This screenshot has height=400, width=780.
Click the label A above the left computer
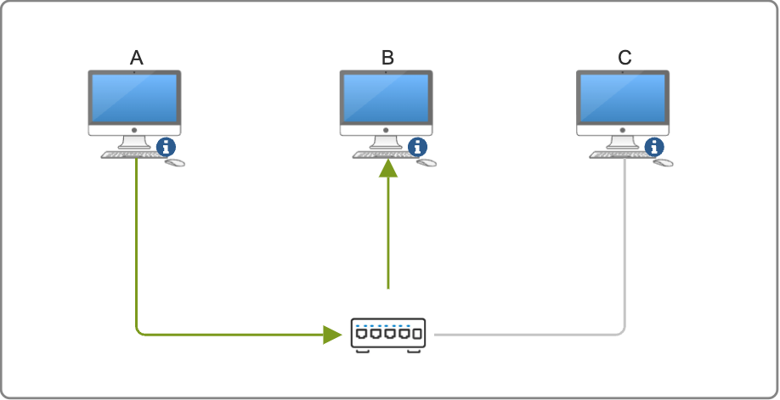coord(137,58)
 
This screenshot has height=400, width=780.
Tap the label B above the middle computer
coord(387,58)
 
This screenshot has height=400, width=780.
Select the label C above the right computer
coord(625,58)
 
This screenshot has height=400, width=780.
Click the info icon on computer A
coord(166,146)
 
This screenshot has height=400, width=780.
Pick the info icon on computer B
coord(418,146)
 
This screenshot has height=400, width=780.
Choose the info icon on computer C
coord(654,146)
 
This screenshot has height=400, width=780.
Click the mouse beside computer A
coord(175,161)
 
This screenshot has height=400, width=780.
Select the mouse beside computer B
coord(427,161)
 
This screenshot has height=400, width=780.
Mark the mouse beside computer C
coord(664,161)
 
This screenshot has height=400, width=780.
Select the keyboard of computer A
coord(129,155)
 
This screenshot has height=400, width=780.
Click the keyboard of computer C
coord(619,155)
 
